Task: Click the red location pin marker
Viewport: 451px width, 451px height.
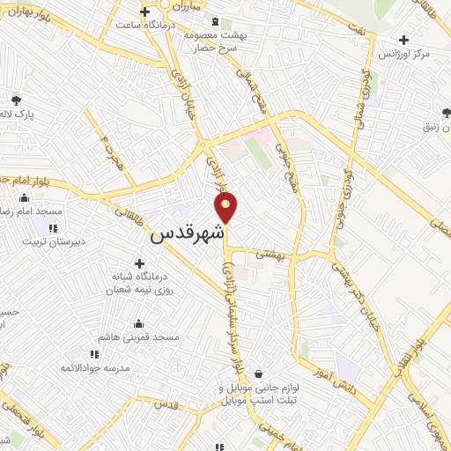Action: coord(226,207)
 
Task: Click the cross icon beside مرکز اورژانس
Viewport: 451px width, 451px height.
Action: coord(404,40)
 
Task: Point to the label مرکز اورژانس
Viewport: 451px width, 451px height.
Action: coord(404,55)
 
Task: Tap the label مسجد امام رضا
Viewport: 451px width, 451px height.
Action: coord(32,212)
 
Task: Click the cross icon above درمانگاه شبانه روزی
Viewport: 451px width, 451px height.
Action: coord(139,262)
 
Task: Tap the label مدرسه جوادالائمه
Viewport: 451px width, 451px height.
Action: coord(95,367)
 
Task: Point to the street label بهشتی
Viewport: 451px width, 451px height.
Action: coord(268,253)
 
